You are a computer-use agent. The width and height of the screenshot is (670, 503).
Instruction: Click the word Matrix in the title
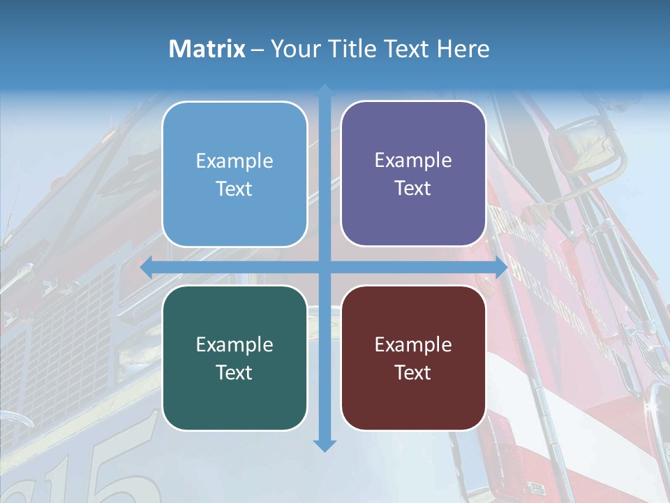tap(207, 49)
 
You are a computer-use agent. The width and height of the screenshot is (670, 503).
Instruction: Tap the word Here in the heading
tap(463, 49)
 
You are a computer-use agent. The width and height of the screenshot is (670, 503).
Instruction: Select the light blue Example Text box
tap(234, 174)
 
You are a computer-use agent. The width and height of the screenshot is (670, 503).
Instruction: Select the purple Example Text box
tap(413, 173)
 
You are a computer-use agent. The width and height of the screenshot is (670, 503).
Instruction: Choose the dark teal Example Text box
tap(234, 358)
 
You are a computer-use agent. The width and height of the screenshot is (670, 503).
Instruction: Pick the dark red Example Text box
tap(413, 358)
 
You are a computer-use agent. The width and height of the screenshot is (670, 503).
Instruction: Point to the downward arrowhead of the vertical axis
tap(325, 445)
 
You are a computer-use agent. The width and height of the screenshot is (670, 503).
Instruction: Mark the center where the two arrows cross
tap(325, 268)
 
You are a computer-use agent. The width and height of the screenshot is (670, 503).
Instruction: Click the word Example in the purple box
tap(413, 160)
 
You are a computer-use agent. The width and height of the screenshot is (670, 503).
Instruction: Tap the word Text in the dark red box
tap(413, 372)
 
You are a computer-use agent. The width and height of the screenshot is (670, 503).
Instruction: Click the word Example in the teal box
tap(234, 344)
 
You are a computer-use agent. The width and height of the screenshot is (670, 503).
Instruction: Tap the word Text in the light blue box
tap(234, 189)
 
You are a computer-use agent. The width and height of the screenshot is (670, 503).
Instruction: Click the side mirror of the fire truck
tap(586, 147)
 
